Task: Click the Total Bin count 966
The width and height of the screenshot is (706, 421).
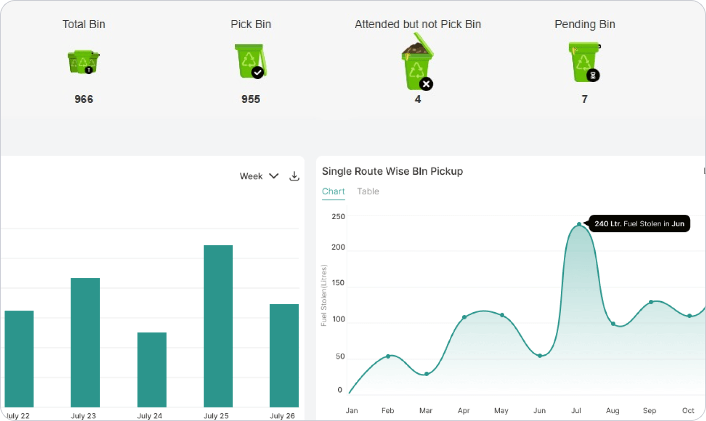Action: click(83, 99)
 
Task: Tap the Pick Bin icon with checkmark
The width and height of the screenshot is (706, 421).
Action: click(250, 61)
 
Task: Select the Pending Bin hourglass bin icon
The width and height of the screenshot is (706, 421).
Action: click(585, 62)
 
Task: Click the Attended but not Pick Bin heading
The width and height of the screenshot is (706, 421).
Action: click(417, 24)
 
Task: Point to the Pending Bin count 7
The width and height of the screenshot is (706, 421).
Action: click(584, 99)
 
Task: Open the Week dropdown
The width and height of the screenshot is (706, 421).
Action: click(259, 176)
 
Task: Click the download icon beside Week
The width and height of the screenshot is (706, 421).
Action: click(294, 176)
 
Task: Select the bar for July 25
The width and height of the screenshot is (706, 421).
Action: click(218, 326)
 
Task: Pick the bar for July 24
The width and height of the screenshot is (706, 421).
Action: click(152, 369)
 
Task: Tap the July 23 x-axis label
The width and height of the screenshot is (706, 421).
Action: click(83, 416)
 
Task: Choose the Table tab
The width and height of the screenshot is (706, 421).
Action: click(368, 191)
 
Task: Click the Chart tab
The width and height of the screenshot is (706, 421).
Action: click(333, 191)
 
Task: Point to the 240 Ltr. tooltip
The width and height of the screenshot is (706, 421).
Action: click(639, 223)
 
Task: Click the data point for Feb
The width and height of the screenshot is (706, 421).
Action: click(388, 356)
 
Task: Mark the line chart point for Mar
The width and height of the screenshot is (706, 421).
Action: click(426, 374)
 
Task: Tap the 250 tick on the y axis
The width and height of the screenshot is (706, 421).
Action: click(338, 216)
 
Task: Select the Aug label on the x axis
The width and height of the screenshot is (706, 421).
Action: click(613, 410)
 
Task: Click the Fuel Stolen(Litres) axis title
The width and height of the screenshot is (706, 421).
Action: click(324, 295)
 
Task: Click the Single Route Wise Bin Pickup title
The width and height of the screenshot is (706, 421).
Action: click(392, 171)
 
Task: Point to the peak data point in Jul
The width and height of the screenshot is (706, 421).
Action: click(579, 224)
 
